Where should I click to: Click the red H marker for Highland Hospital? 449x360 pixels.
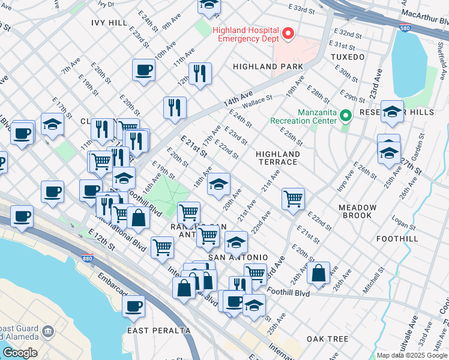(x=288, y=34)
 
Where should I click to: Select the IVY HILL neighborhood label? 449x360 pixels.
(x=109, y=22)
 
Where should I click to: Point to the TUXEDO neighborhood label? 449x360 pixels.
(x=348, y=57)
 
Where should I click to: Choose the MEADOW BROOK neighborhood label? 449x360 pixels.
(x=357, y=212)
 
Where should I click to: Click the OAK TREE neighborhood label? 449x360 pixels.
(x=327, y=339)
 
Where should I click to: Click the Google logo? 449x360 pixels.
(x=19, y=353)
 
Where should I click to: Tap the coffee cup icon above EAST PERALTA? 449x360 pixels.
(x=133, y=307)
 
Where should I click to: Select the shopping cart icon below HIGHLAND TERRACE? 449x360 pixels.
(x=293, y=198)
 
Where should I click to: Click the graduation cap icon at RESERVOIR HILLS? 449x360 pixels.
(x=392, y=112)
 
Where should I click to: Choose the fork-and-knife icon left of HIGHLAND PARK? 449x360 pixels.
(x=200, y=73)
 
